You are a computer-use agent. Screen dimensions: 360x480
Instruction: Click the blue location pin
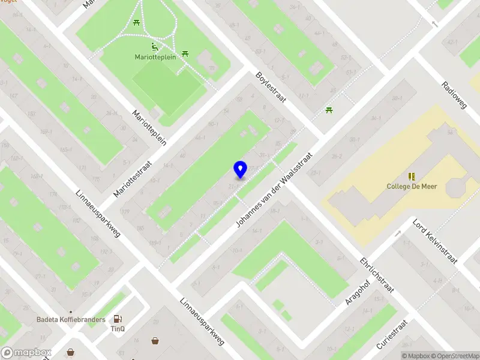click(x=240, y=169)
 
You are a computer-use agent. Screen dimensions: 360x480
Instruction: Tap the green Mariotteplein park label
click(x=154, y=58)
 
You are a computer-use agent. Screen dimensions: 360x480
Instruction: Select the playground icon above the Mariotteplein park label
click(x=154, y=47)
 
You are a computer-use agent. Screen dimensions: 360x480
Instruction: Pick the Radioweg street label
click(x=454, y=95)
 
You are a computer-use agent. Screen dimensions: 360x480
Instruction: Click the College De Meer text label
click(x=412, y=186)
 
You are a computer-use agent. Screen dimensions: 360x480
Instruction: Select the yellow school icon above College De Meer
click(x=412, y=176)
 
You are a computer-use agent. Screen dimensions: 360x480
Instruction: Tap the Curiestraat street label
click(x=392, y=335)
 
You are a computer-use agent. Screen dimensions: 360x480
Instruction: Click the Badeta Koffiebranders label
click(x=71, y=320)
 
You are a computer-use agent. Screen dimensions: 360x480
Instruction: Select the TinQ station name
click(x=117, y=328)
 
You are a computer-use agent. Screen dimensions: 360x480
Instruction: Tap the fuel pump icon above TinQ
click(x=118, y=319)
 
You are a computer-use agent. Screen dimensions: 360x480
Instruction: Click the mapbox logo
click(x=26, y=353)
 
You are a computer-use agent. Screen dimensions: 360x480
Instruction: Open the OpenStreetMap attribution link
click(x=455, y=356)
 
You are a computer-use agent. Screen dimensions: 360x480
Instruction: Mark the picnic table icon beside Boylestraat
click(x=329, y=110)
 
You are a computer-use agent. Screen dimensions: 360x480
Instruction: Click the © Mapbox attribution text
click(x=416, y=356)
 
